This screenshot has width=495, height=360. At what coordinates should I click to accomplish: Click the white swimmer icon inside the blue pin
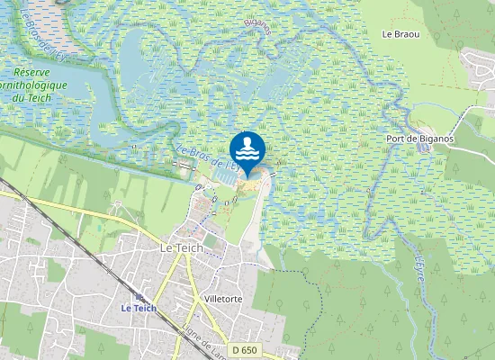tap(247, 147)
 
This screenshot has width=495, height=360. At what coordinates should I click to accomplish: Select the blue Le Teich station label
tap(139, 308)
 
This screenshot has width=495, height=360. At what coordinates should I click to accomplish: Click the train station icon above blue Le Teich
tap(139, 296)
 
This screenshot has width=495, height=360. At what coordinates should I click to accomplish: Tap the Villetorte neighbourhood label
tap(224, 299)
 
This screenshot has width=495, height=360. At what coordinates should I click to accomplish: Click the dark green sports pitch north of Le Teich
tap(210, 240)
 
